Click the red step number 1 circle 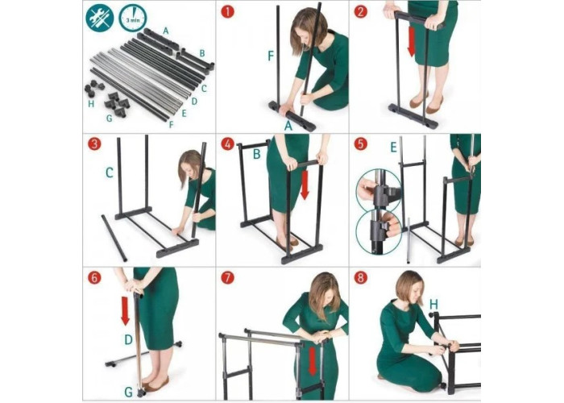point(228,11)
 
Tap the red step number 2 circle point(361,11)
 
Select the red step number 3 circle point(94,144)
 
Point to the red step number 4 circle point(228,144)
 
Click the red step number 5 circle point(361,144)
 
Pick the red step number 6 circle point(94,278)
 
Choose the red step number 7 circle point(228,278)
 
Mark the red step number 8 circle point(361,278)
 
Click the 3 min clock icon point(132,18)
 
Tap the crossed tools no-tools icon point(100,18)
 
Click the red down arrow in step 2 point(412,41)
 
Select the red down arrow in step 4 point(305,185)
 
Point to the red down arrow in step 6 point(125,311)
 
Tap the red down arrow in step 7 point(313,361)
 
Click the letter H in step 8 point(433,305)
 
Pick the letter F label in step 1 point(271,56)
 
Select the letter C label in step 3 point(110,173)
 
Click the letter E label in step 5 point(393,147)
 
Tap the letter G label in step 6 point(129,392)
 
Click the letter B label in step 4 point(256,154)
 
